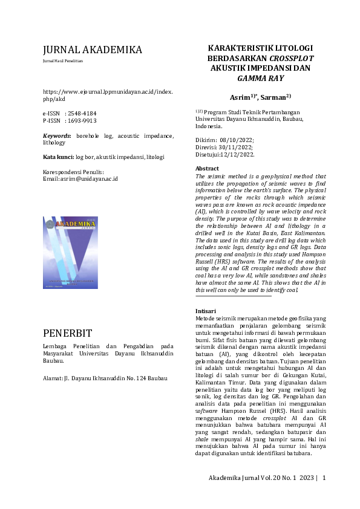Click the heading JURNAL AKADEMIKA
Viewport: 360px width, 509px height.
pyautogui.click(x=93, y=50)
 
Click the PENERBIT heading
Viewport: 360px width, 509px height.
pyautogui.click(x=68, y=333)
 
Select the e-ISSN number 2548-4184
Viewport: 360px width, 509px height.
pyautogui.click(x=83, y=113)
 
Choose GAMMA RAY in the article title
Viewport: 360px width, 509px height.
pyautogui.click(x=260, y=79)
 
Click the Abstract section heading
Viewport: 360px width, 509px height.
pyautogui.click(x=207, y=168)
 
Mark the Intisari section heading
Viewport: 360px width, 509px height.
pyautogui.click(x=206, y=311)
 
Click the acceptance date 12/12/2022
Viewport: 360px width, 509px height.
pyautogui.click(x=238, y=154)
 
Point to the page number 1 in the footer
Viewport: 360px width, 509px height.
pyautogui.click(x=324, y=478)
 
